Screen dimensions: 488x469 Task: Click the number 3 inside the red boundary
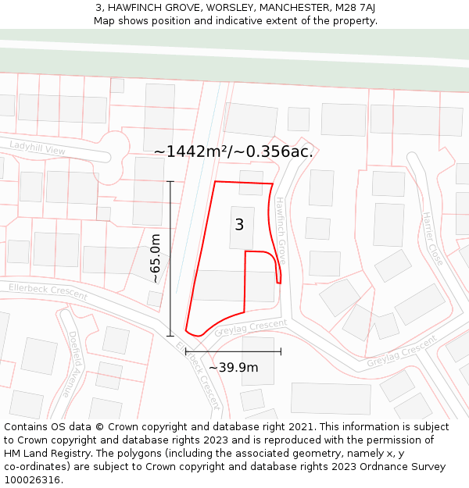coord(239,225)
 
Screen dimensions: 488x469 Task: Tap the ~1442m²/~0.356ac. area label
coord(233,151)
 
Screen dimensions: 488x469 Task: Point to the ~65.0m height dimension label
coord(156,258)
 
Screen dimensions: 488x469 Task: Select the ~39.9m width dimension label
coord(233,367)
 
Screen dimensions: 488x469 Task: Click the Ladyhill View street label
coord(37,148)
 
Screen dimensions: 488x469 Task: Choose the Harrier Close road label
coord(433,237)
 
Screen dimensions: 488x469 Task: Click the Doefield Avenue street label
coord(75,363)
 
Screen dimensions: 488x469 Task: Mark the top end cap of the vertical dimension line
coord(170,182)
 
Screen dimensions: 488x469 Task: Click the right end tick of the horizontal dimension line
coord(281,351)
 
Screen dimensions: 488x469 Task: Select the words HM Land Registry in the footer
coord(45,453)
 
